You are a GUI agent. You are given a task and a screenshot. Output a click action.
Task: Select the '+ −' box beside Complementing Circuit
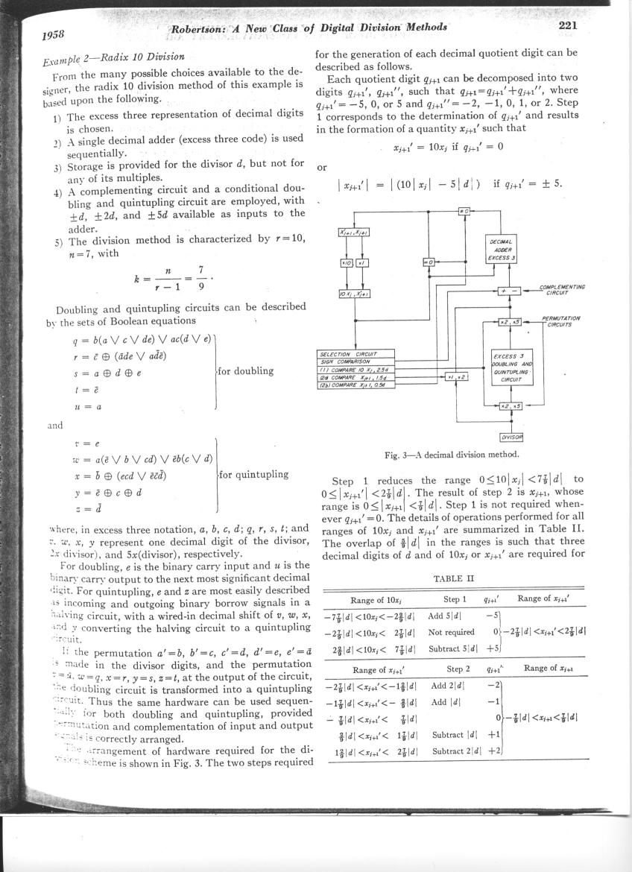513,290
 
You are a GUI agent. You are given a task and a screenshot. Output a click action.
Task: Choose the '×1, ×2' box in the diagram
458,378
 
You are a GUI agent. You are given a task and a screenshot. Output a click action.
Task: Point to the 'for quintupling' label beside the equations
254,473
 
